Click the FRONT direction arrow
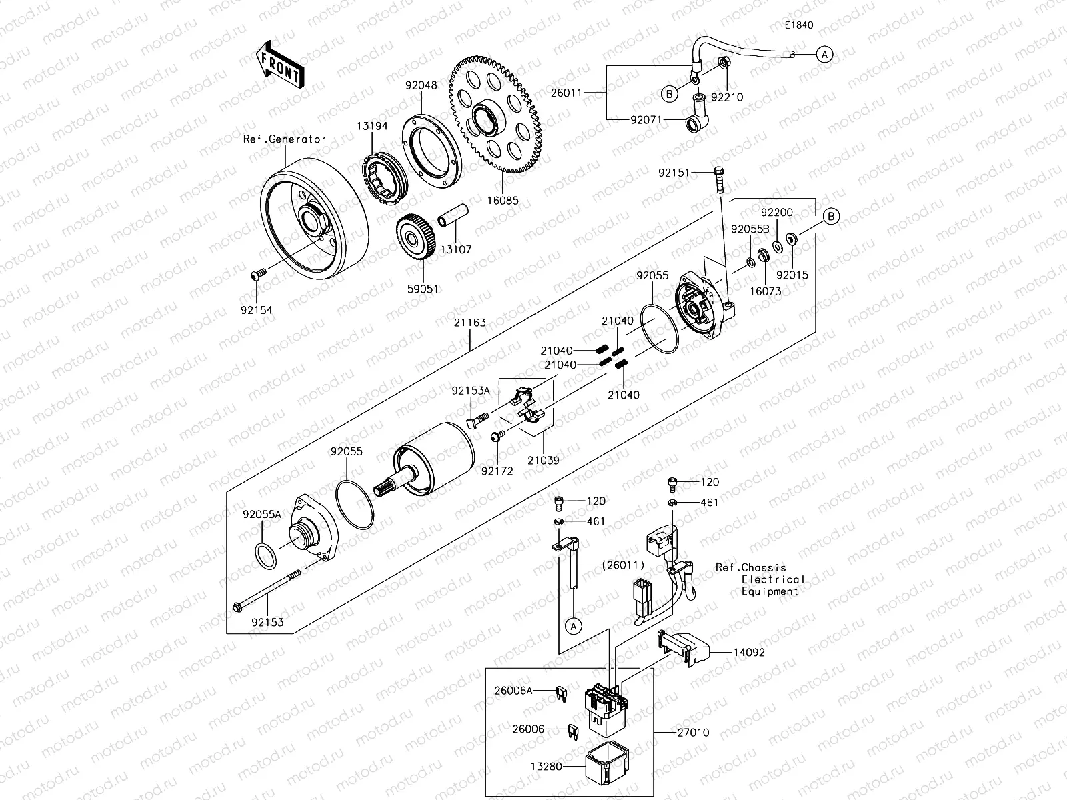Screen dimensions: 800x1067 (280, 65)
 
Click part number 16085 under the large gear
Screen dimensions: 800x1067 (503, 200)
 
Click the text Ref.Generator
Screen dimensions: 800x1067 (285, 139)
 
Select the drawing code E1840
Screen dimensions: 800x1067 (798, 25)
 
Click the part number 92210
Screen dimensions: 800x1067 (727, 97)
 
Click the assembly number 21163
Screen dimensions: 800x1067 (471, 323)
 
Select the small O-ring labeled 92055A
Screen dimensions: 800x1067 (265, 555)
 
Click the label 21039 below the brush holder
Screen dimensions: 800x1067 (543, 460)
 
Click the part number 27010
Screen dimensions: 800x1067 (693, 732)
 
